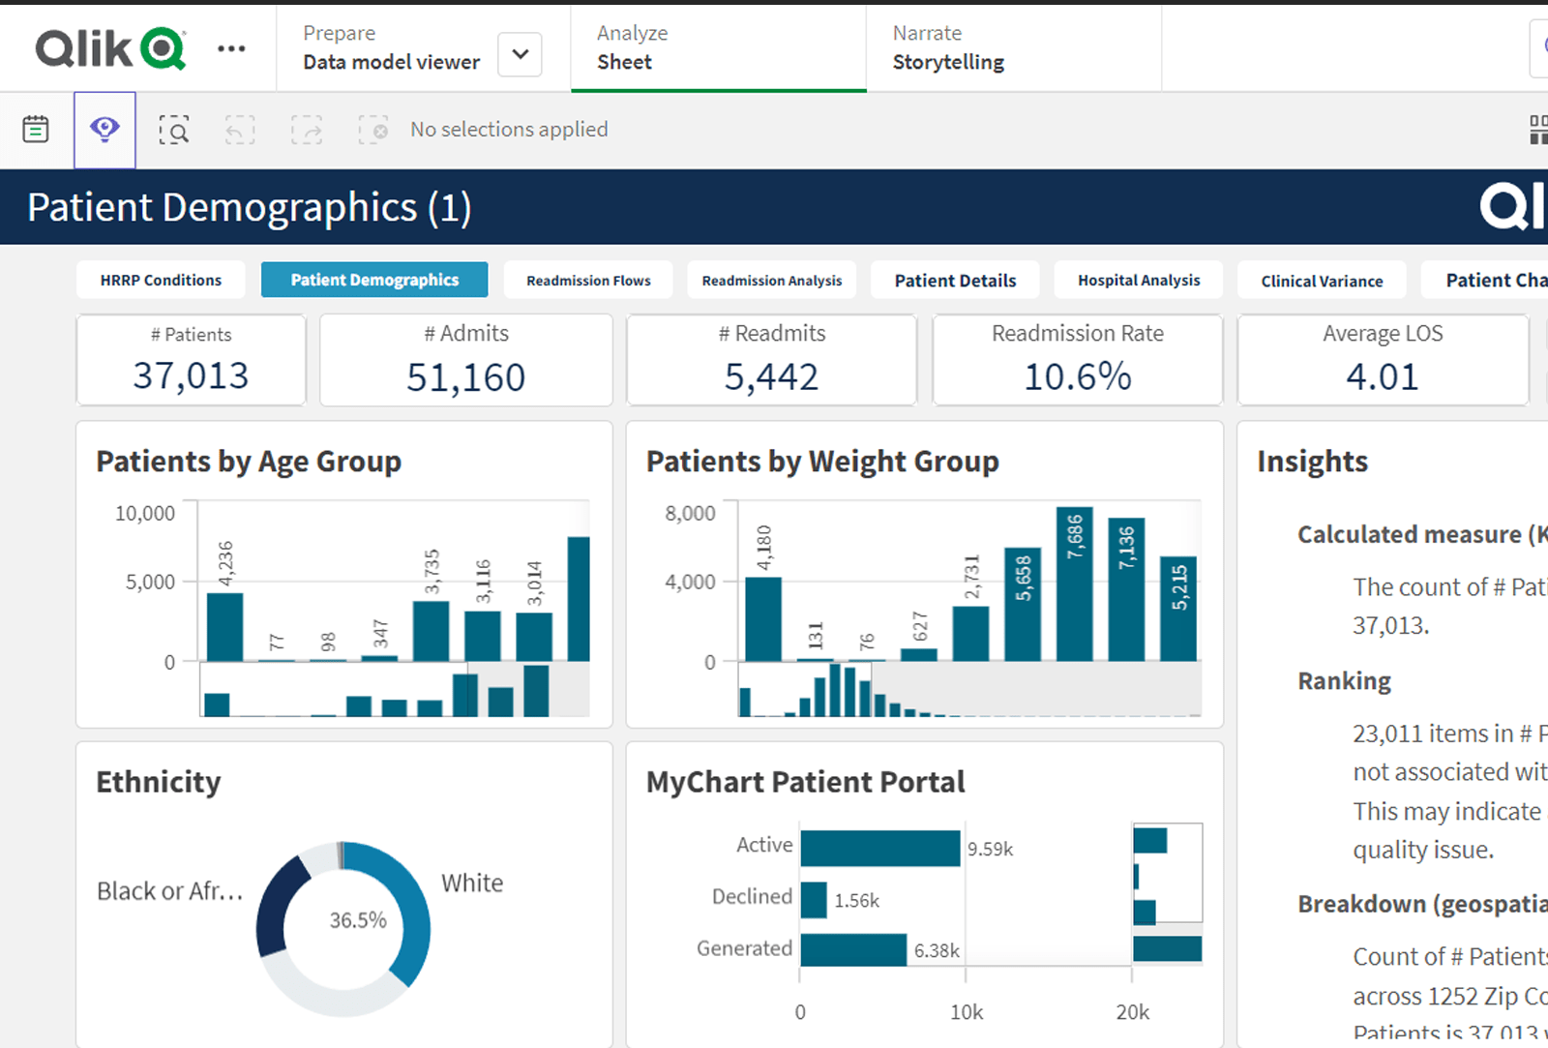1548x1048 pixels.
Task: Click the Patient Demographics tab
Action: [374, 280]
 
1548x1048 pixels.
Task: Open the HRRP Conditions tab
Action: [161, 280]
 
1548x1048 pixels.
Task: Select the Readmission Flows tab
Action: [588, 281]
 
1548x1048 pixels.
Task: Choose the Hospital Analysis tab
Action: [1139, 280]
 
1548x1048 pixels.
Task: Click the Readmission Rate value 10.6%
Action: [1077, 376]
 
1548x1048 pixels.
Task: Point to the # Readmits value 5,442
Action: [771, 376]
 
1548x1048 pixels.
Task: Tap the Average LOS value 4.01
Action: [1382, 376]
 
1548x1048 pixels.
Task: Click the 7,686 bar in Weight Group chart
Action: [1074, 590]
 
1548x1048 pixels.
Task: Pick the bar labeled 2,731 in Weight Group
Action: [970, 634]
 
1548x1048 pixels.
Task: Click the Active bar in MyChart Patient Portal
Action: [879, 848]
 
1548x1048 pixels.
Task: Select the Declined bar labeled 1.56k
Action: [814, 900]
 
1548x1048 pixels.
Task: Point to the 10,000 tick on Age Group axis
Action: [145, 513]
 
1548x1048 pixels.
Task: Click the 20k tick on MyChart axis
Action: [1132, 1012]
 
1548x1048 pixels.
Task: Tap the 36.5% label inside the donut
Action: [358, 920]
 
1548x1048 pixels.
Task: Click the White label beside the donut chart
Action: [472, 883]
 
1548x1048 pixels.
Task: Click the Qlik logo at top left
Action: [110, 48]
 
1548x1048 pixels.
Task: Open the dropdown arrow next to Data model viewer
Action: [520, 54]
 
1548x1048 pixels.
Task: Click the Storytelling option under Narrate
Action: [948, 62]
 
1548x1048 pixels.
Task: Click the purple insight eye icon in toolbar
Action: [104, 130]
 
